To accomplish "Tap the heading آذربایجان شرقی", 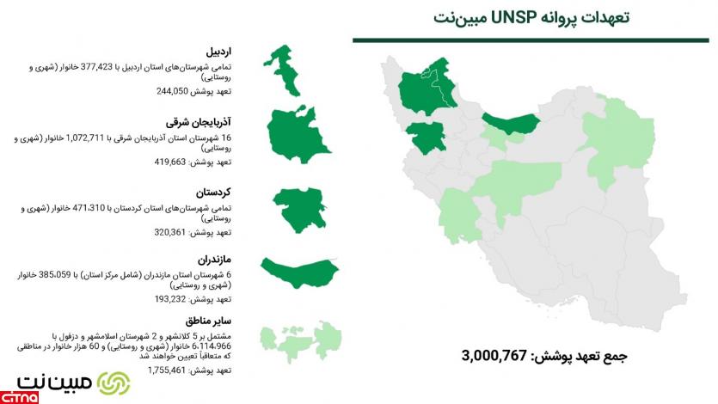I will [206, 120].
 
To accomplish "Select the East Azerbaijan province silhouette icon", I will [293, 137].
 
